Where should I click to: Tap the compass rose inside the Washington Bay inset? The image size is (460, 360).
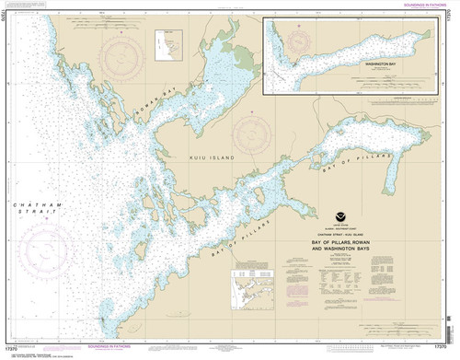point(297,41)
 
